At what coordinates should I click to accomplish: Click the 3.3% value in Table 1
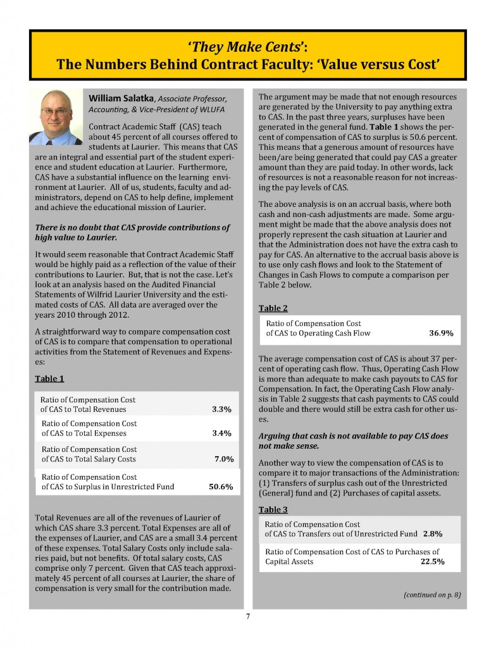coord(221,409)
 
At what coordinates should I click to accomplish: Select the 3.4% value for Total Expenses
coord(221,433)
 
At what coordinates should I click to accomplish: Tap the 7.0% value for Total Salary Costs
coord(225,459)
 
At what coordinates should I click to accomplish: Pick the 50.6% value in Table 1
coord(221,487)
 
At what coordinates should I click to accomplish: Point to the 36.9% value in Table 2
coord(440,333)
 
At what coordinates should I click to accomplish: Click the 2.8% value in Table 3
coord(433,534)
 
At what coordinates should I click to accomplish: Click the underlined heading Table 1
coord(48,378)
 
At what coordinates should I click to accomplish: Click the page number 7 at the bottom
coord(248,618)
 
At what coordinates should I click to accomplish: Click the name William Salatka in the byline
coord(121,99)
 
